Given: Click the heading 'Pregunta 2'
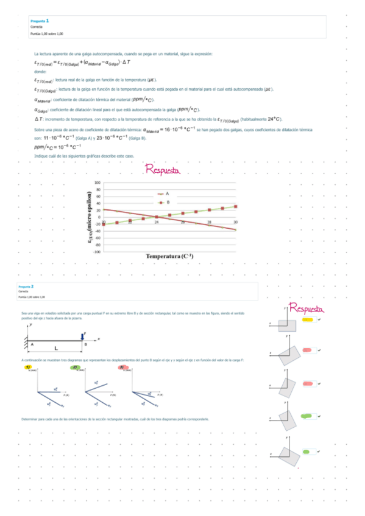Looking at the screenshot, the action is coord(26,286).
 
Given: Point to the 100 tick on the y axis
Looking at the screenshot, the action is coord(97,183).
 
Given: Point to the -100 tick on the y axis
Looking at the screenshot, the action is coord(97,251).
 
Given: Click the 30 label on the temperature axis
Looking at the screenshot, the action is coord(236,223).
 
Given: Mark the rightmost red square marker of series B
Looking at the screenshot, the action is coord(236,206).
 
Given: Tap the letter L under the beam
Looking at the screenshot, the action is coord(56,349).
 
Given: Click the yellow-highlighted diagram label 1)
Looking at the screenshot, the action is coord(27,368).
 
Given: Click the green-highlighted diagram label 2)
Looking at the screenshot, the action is coord(74,368).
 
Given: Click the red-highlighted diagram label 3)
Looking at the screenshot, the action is coord(122,368).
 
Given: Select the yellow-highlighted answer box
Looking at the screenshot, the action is coord(308,319).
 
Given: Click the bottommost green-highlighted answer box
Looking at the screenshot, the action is coord(308,451).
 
